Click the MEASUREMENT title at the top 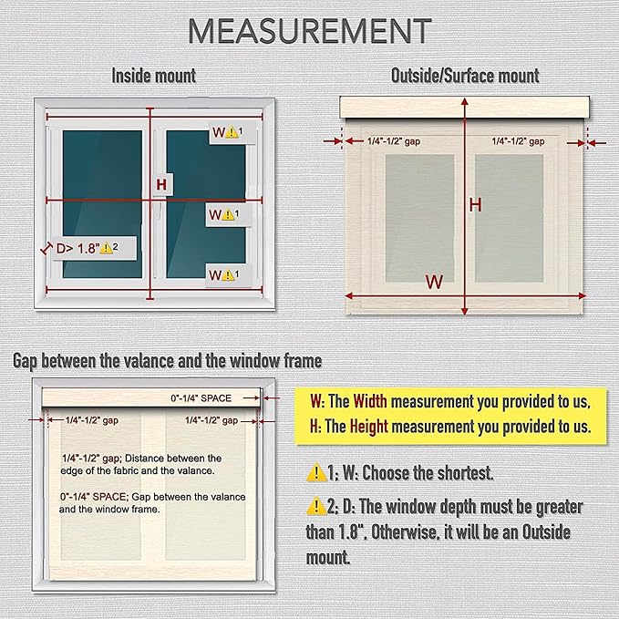point(310,31)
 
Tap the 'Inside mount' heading point(153,76)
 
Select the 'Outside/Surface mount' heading point(465,76)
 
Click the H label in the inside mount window point(161,184)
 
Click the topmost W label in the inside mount point(219,132)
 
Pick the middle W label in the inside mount point(215,215)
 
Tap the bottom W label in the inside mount point(215,274)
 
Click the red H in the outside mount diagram point(475,205)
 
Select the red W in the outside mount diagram point(434,282)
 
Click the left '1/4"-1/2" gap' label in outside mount point(394,141)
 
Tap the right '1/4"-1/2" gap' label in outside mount point(518,141)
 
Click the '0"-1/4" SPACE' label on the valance point(201,398)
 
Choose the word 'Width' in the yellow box point(370,401)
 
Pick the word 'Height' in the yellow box point(369,427)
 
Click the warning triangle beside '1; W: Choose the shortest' point(316,472)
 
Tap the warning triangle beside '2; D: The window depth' point(316,507)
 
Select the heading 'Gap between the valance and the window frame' point(168,361)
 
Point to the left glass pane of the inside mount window point(102,204)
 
